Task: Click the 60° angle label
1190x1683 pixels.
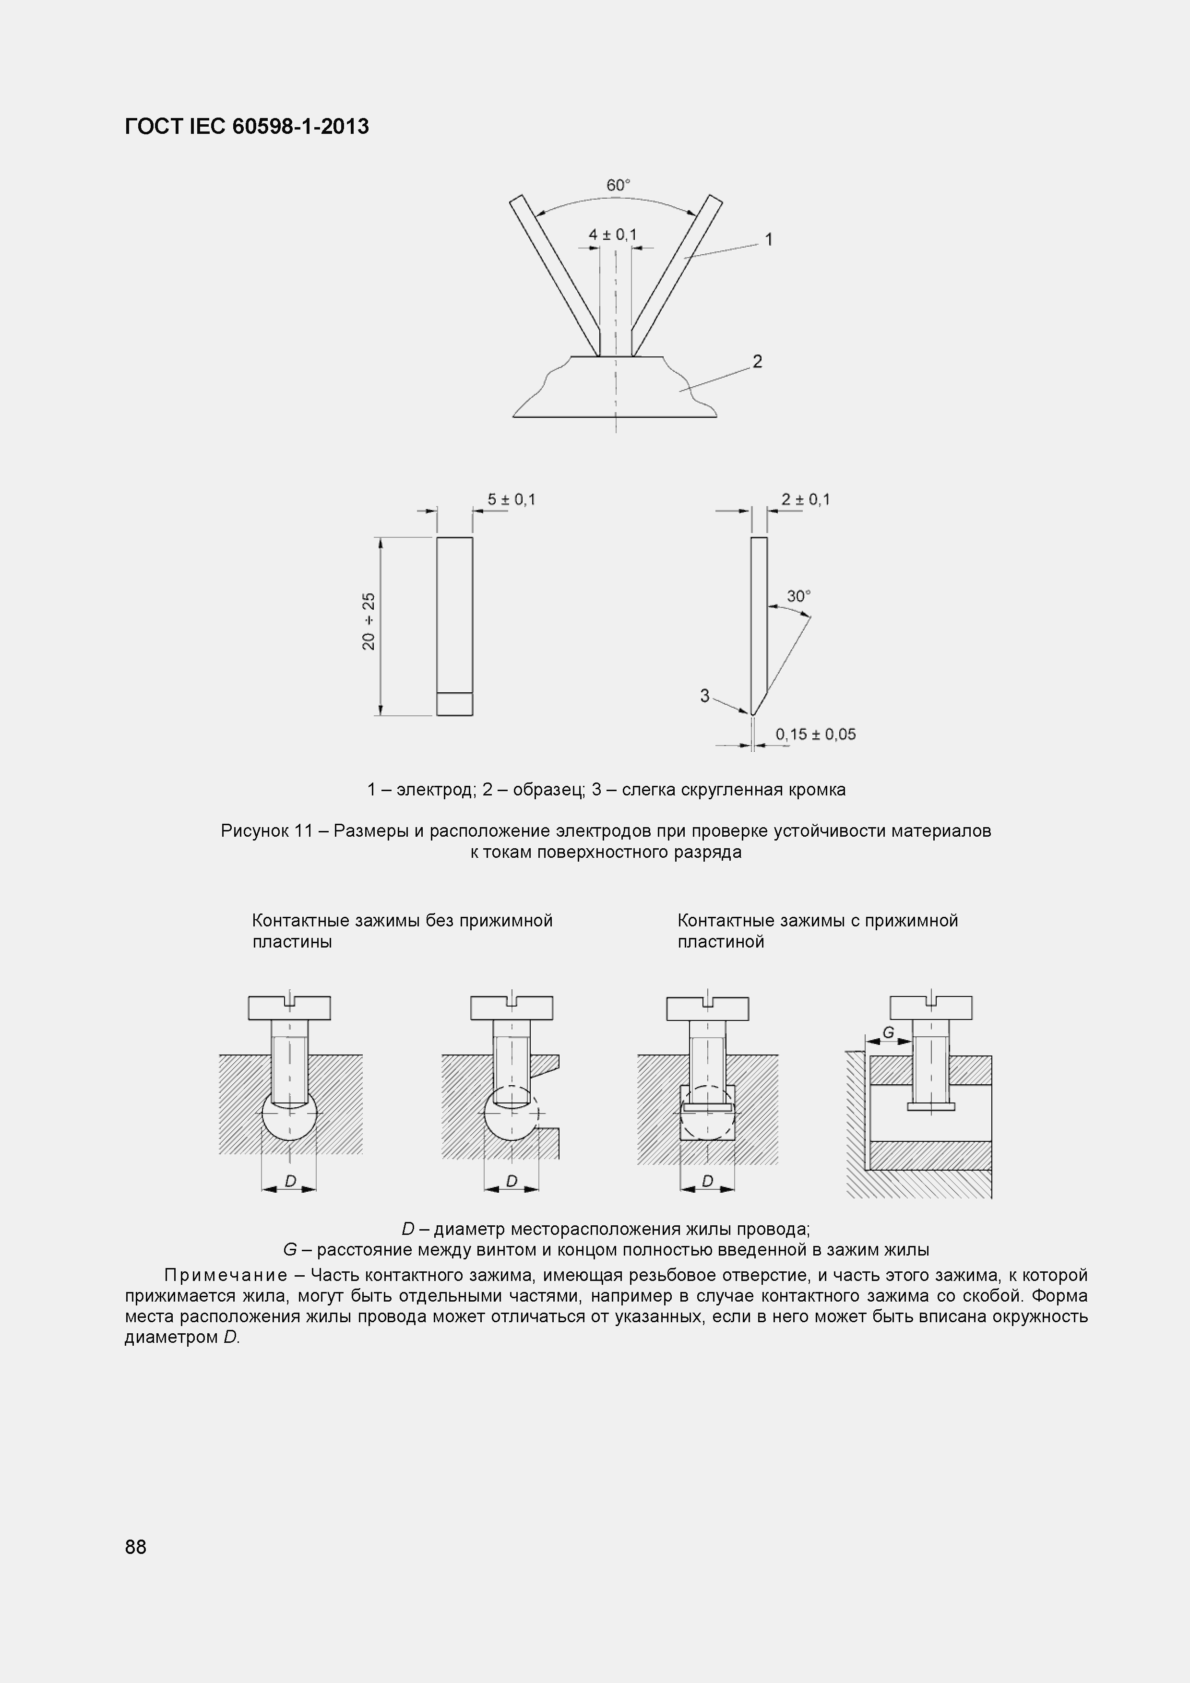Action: pos(618,186)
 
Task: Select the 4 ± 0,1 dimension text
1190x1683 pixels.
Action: pos(613,235)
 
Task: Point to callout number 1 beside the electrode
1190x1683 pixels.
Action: pos(768,240)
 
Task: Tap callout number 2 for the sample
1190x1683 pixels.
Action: pos(757,361)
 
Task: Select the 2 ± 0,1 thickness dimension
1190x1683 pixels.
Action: pos(805,500)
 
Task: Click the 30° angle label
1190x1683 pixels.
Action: pos(798,597)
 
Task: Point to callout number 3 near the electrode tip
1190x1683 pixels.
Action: pos(704,696)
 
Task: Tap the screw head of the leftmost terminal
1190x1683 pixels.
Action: pos(290,1008)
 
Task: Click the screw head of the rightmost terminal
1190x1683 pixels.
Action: pos(930,1008)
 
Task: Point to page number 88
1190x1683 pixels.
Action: pos(136,1547)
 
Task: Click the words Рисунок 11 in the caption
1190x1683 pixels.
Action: pos(267,831)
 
